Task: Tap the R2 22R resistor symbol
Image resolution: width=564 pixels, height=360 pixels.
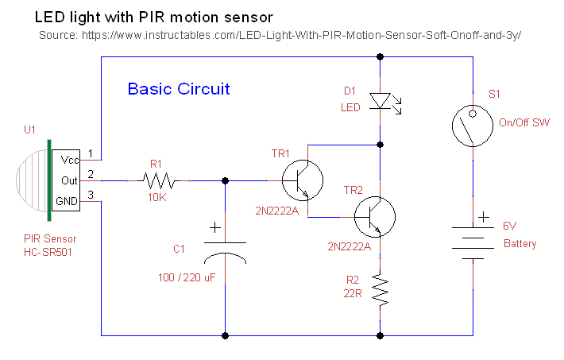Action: [381, 292]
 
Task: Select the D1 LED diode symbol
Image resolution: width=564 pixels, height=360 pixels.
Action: [381, 101]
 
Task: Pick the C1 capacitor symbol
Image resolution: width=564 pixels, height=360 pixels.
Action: [226, 248]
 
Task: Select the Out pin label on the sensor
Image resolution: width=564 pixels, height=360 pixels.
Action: [69, 180]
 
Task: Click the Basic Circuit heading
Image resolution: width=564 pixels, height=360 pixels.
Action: [179, 89]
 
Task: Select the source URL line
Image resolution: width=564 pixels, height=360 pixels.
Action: [280, 37]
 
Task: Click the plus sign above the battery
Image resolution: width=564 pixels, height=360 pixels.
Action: [482, 216]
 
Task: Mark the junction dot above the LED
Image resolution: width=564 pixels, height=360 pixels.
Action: [381, 56]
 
